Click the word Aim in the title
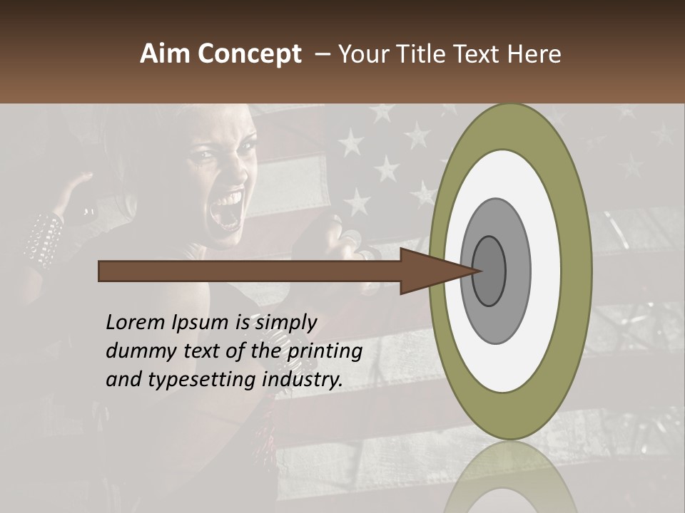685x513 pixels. click(166, 54)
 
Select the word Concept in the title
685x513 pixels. click(249, 55)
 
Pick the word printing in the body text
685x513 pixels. click(323, 352)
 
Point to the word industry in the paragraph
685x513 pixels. click(303, 380)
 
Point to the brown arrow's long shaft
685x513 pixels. click(250, 271)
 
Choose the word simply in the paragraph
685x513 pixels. click(286, 323)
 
